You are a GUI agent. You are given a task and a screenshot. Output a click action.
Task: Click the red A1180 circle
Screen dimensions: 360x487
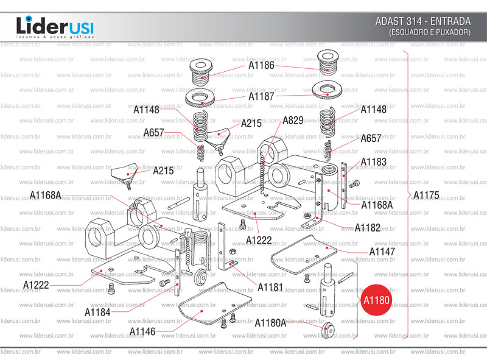tap(376, 300)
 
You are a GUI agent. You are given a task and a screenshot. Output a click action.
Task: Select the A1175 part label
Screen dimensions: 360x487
tap(426, 196)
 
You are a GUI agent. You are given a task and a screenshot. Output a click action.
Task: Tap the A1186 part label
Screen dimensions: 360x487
tap(261, 65)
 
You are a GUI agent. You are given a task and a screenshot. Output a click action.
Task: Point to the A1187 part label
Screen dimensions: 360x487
tap(261, 96)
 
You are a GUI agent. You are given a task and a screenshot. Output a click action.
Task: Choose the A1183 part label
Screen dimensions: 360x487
tap(373, 162)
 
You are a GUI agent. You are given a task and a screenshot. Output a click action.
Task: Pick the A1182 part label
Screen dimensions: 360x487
tap(368, 228)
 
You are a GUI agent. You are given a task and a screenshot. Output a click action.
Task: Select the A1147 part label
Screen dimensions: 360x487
tap(382, 251)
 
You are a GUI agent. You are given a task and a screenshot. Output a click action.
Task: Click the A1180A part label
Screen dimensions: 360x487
tap(270, 322)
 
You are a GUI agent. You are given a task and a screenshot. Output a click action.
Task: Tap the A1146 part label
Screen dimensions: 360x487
tap(142, 331)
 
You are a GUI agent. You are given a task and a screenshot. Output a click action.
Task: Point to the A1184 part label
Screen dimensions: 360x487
tap(97, 312)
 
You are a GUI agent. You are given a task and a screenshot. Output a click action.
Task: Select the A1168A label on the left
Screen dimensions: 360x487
tap(46, 195)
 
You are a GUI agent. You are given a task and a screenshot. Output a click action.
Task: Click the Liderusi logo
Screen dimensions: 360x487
tap(54, 27)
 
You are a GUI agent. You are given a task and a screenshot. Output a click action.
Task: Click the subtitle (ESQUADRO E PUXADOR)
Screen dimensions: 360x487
tap(430, 32)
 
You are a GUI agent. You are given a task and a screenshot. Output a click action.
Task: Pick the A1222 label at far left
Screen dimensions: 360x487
tap(36, 284)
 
